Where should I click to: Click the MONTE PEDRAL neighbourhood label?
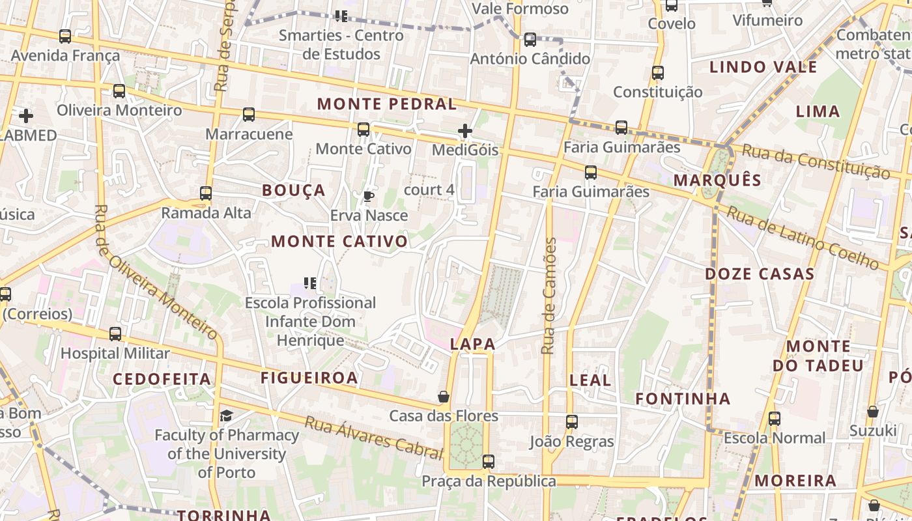tap(387, 104)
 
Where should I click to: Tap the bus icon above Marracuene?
tap(248, 115)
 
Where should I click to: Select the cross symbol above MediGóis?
tap(464, 131)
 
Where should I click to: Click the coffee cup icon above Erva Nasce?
tap(369, 196)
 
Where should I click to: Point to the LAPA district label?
tap(472, 345)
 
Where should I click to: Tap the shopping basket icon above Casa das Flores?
tap(443, 397)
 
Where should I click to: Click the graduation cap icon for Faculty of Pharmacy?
tap(226, 415)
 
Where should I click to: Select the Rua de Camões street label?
tap(549, 296)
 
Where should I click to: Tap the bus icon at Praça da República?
tap(488, 462)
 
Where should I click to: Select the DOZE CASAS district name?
tap(760, 274)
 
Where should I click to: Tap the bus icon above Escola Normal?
tap(774, 419)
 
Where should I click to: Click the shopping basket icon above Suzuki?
tap(873, 412)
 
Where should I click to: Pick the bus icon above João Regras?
tap(571, 422)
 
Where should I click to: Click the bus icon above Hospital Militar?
tap(115, 334)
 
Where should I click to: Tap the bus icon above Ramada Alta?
tap(206, 193)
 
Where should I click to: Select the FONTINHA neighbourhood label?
tap(683, 399)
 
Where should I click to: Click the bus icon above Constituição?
tap(658, 73)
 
